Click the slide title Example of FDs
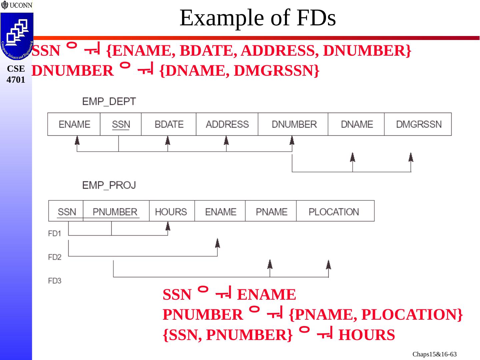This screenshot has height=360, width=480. (x=257, y=18)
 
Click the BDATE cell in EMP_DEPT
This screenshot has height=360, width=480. (x=169, y=124)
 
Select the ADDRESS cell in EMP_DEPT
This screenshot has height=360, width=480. (x=227, y=124)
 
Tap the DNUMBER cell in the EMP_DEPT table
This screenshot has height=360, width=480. (x=294, y=124)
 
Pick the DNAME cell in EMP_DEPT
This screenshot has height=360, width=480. (x=356, y=124)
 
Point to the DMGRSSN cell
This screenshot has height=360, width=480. (x=418, y=124)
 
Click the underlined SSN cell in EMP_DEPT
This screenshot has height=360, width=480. (x=121, y=124)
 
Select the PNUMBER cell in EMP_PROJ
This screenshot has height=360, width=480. (x=115, y=212)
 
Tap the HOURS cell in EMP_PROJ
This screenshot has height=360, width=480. (x=171, y=212)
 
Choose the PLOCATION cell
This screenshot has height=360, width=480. (x=334, y=212)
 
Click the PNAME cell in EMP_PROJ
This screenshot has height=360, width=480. (x=271, y=212)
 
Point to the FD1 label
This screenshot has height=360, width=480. (x=55, y=233)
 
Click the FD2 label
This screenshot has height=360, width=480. (x=55, y=257)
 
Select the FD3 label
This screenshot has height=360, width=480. (x=55, y=281)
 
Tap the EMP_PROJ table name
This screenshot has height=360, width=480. (x=109, y=185)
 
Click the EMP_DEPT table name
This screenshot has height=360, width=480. (x=109, y=101)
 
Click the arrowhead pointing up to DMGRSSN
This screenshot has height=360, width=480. (x=411, y=157)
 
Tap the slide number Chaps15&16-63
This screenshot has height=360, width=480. (x=434, y=354)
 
